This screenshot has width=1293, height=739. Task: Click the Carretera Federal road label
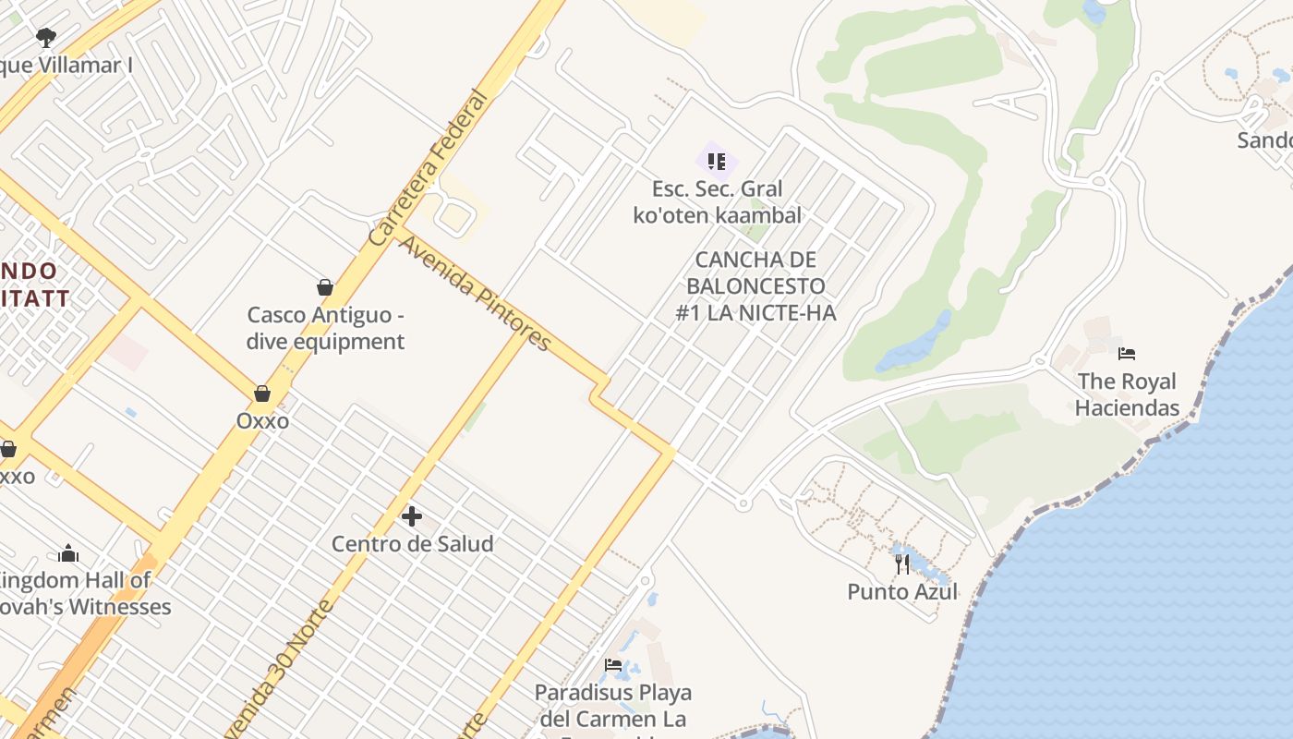[427, 168]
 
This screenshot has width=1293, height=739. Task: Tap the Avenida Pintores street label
[475, 293]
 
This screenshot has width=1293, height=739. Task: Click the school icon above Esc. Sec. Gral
[717, 162]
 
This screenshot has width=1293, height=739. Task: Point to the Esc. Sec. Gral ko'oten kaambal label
[718, 202]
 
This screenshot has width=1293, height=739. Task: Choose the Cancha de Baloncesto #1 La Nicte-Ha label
[755, 286]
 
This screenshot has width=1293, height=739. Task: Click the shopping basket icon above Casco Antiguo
[324, 287]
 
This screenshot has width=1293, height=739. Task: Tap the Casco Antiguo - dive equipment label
[325, 328]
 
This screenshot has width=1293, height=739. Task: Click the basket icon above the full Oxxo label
[262, 394]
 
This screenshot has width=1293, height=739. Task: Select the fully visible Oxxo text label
[262, 421]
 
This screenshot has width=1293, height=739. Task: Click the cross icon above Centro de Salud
[412, 516]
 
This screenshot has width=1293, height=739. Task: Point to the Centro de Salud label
[412, 544]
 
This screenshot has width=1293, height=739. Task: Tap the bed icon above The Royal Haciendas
[1126, 354]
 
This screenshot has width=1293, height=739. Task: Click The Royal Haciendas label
[1127, 394]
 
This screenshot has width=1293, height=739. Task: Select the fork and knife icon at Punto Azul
[902, 563]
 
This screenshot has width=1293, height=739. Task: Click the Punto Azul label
[902, 592]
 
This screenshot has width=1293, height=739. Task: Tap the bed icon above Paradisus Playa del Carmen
[613, 665]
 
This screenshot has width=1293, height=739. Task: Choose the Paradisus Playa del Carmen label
[612, 706]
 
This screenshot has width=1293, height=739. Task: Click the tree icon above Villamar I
[46, 38]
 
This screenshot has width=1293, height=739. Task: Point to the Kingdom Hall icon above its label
[68, 553]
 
